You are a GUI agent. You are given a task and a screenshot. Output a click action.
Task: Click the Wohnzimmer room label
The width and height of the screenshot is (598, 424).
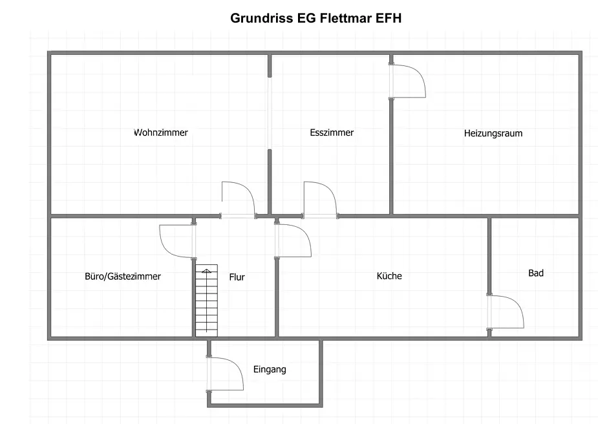point(160,132)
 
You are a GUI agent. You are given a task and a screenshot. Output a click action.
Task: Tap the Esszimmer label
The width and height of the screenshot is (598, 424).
point(332,132)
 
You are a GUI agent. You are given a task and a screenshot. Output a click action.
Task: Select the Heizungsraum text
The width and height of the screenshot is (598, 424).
point(493,133)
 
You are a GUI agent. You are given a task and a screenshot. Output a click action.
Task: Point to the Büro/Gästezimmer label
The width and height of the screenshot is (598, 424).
point(123,276)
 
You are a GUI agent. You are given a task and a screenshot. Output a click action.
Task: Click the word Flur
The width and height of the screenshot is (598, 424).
point(237,277)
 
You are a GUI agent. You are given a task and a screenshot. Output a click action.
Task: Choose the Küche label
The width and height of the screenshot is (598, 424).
point(389,276)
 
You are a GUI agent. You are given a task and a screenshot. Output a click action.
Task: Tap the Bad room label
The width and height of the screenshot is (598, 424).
point(536,273)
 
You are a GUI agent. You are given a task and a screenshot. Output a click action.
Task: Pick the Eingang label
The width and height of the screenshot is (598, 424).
point(270,370)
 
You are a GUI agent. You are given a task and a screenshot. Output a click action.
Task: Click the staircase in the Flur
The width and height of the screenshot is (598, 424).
point(206,301)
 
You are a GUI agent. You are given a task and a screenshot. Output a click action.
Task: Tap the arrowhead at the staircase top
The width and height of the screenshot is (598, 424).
point(206,271)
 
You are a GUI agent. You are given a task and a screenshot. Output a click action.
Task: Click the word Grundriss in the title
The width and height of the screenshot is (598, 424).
point(262,18)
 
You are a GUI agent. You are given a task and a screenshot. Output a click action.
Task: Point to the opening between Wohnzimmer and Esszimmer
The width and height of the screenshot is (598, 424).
point(270,113)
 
